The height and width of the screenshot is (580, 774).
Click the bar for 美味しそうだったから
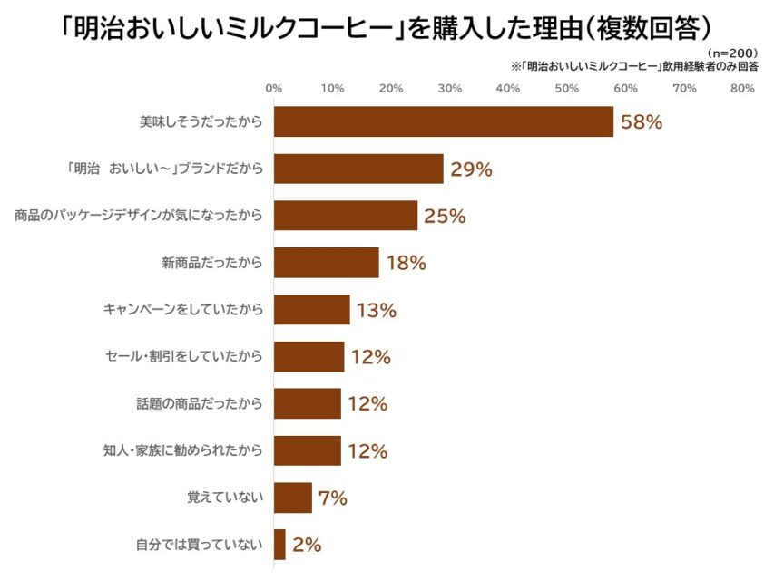[x=443, y=121]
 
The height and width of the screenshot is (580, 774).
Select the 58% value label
[x=641, y=121]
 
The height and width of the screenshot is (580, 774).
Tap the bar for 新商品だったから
[x=326, y=263]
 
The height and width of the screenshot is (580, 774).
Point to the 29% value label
[x=471, y=169]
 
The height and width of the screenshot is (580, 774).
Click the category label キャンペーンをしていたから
[x=183, y=310]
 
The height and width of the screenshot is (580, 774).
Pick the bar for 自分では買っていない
[x=279, y=545]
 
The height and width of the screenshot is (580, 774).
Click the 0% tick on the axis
[x=273, y=88]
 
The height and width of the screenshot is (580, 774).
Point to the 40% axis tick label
[x=508, y=88]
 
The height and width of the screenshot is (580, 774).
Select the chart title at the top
[x=387, y=24]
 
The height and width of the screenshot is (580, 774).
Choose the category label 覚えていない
[x=224, y=498]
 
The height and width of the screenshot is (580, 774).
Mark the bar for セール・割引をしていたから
[x=309, y=357]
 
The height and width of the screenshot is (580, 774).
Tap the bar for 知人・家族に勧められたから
[x=307, y=450]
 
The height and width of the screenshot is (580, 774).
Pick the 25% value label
[x=445, y=216]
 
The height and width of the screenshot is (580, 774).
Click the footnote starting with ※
[x=634, y=66]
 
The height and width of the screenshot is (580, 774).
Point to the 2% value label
[x=307, y=545]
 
